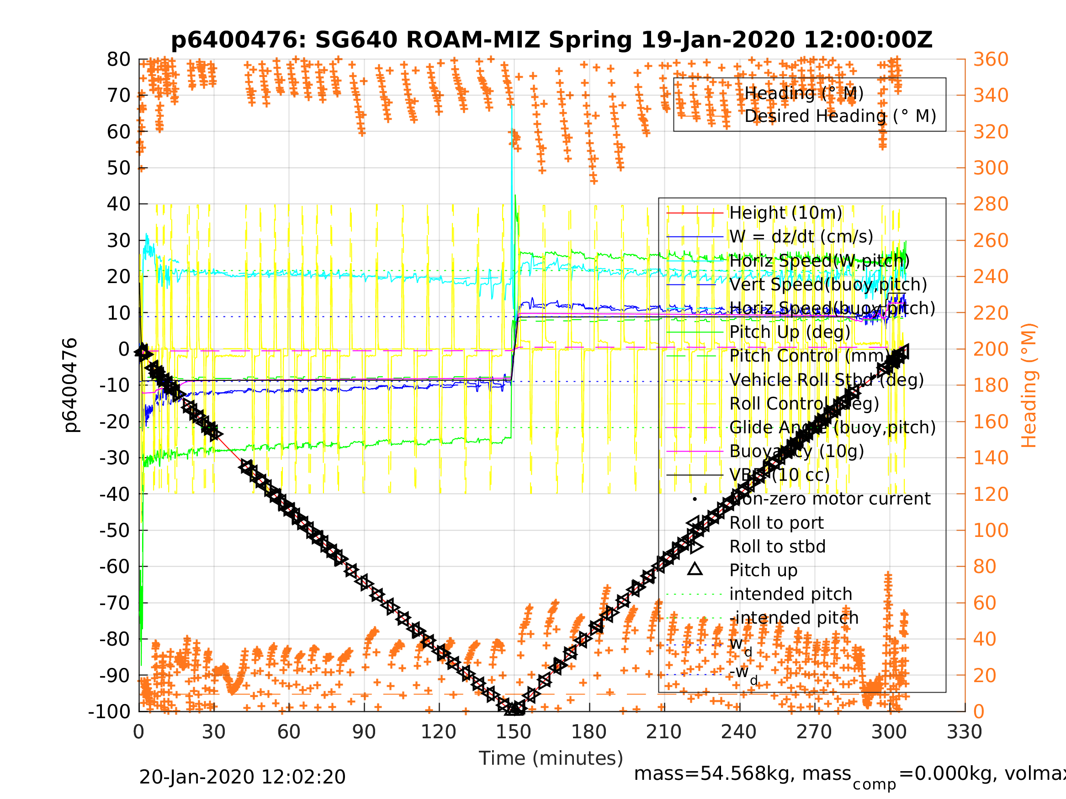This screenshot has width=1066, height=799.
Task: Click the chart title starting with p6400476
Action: point(552,40)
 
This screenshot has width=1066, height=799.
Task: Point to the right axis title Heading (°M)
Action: point(1029,385)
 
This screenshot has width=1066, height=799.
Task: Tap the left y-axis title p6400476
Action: point(70,385)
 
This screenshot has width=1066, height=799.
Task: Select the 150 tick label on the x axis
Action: point(514,732)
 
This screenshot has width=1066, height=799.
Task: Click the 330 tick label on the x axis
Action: point(964,732)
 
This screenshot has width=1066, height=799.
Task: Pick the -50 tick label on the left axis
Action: point(115,530)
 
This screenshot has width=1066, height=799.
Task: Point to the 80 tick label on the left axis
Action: point(118,60)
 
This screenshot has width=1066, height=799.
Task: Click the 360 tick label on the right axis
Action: point(991,60)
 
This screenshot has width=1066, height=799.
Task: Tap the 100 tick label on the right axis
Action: point(991,530)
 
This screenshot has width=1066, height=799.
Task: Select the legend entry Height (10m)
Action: point(785,212)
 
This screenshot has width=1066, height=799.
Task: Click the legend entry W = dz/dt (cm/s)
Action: point(801,237)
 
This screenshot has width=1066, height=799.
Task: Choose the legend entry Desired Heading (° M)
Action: point(840,116)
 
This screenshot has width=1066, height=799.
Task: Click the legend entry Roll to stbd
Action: point(777,547)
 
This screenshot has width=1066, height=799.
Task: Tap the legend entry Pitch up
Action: point(764,570)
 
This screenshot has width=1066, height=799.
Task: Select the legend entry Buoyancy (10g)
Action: point(796,451)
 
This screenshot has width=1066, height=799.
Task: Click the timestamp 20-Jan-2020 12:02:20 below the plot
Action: point(242,777)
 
